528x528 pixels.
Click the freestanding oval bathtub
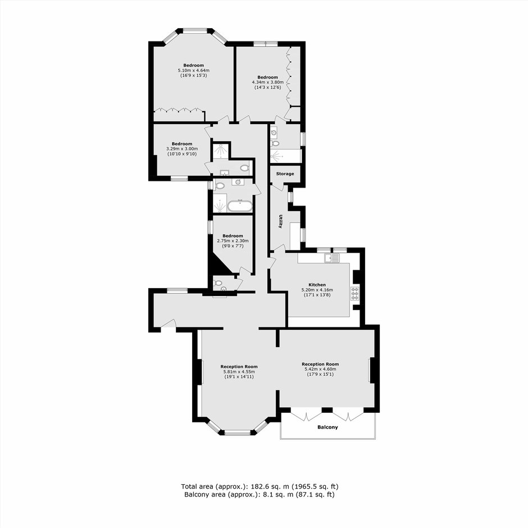pyautogui.click(x=239, y=206)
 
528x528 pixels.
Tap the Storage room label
pyautogui.click(x=285, y=174)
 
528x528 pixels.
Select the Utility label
pyautogui.click(x=280, y=221)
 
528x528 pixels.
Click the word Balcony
pyautogui.click(x=327, y=427)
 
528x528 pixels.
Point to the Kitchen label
pyautogui.click(x=317, y=285)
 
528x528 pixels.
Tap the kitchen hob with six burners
pyautogui.click(x=355, y=293)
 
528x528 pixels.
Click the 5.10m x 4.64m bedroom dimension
pyautogui.click(x=194, y=70)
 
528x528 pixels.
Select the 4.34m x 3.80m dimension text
pyautogui.click(x=268, y=82)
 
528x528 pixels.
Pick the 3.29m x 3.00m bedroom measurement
pyautogui.click(x=182, y=149)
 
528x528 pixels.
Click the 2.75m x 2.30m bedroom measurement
pyautogui.click(x=233, y=241)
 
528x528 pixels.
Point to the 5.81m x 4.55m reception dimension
pyautogui.click(x=239, y=372)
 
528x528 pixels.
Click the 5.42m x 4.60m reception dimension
pyautogui.click(x=320, y=369)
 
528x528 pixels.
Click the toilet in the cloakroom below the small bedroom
pyautogui.click(x=217, y=283)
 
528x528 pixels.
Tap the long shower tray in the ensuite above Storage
pyautogui.click(x=285, y=156)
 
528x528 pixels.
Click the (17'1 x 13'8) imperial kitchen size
pyautogui.click(x=317, y=295)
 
